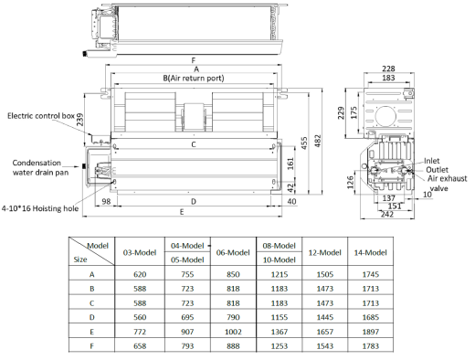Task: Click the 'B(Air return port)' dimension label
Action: click(x=195, y=79)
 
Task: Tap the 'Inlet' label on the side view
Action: click(x=432, y=161)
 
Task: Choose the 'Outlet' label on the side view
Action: click(x=435, y=170)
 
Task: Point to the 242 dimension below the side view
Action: click(x=388, y=215)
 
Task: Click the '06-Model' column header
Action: click(x=233, y=252)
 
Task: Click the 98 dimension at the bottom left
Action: click(x=107, y=200)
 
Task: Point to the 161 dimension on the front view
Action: click(x=290, y=163)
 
